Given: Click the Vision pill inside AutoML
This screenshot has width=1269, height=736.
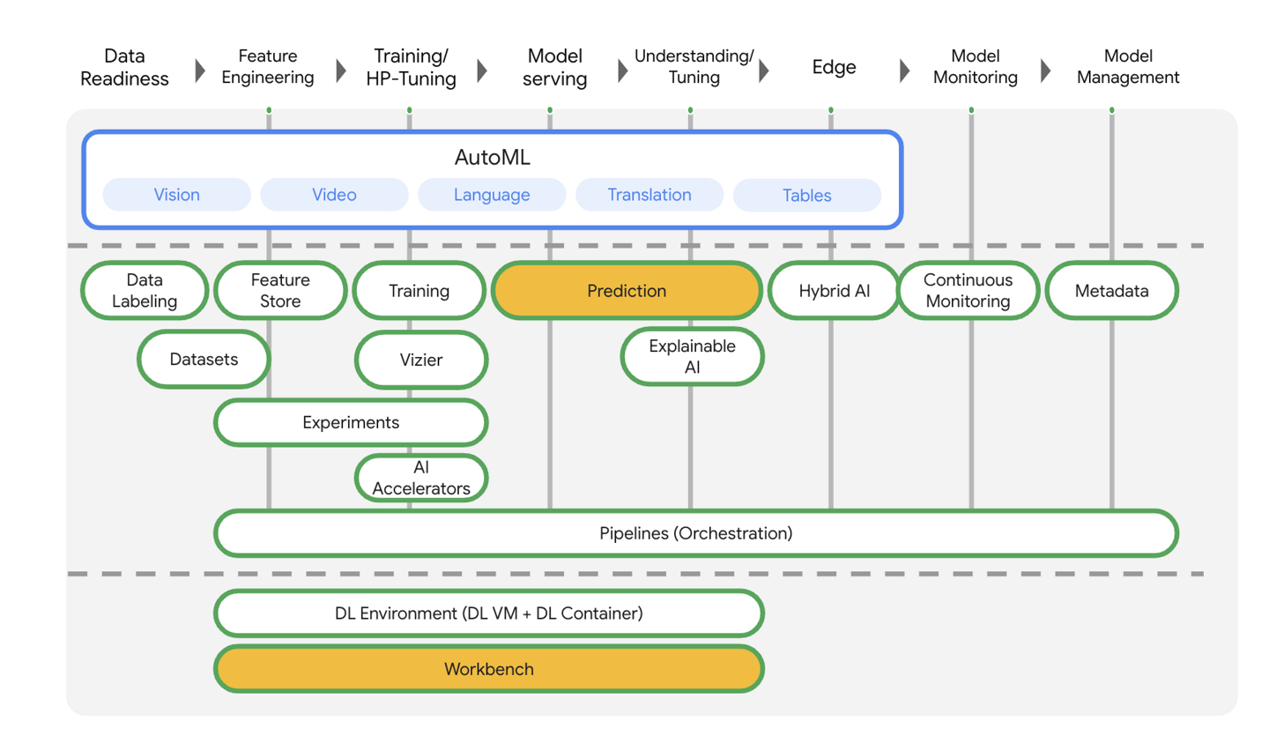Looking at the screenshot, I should click(x=176, y=195).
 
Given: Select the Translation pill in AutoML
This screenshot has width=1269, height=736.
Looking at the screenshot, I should click(x=649, y=195).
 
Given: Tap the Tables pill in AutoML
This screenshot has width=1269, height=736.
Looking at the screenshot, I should click(x=806, y=196).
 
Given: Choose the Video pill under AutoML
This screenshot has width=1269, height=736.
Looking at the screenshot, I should click(x=334, y=195).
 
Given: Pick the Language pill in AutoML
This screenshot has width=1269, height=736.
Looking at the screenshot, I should click(x=492, y=195).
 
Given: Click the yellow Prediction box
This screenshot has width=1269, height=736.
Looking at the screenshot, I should click(x=627, y=291).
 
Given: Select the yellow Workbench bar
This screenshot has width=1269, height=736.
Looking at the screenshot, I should click(x=489, y=669).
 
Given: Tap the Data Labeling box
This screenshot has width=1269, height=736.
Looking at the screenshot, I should click(x=145, y=291).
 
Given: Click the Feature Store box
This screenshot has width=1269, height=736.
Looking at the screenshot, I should click(x=280, y=291).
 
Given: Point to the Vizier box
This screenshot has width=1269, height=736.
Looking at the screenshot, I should click(x=420, y=360).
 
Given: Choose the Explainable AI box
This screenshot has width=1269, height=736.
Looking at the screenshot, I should click(x=692, y=357).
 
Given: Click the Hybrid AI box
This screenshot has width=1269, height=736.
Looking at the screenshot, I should click(x=834, y=291).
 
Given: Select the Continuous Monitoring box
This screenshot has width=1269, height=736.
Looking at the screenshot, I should click(x=968, y=291).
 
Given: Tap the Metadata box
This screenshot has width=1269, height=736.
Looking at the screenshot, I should click(x=1111, y=291).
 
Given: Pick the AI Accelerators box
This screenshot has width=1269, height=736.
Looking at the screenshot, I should click(x=421, y=478).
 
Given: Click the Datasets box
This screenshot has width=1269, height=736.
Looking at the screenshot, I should click(x=204, y=360).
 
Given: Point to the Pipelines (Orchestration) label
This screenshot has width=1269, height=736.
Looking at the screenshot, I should click(x=696, y=533).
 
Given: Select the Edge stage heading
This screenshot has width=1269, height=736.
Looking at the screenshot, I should click(x=834, y=67).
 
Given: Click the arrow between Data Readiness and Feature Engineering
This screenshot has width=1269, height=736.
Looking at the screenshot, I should click(x=199, y=69).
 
